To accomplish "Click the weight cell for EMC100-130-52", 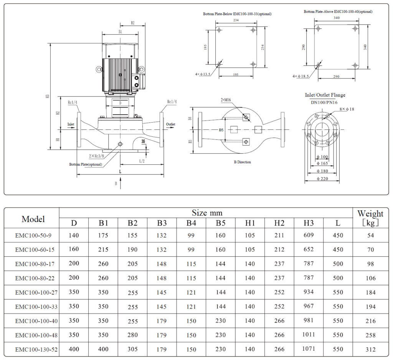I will pyautogui.click(x=370, y=349).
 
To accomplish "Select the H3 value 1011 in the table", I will pyautogui.click(x=308, y=335).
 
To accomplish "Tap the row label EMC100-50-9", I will pyautogui.click(x=32, y=235).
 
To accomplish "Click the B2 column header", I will pyautogui.click(x=132, y=223).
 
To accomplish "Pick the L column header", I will pyautogui.click(x=338, y=223).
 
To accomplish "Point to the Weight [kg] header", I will pyautogui.click(x=370, y=218).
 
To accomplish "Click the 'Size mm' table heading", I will pyautogui.click(x=207, y=213).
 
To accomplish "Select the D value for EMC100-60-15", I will pyautogui.click(x=74, y=249).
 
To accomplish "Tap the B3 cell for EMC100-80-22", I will pyautogui.click(x=162, y=278).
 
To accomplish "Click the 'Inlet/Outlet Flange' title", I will pyautogui.click(x=325, y=95).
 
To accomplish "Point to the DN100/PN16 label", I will pyautogui.click(x=324, y=103).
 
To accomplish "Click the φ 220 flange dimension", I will pyautogui.click(x=322, y=179).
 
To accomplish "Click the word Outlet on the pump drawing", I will pyautogui.click(x=170, y=124).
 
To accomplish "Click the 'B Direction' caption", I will pyautogui.click(x=242, y=162).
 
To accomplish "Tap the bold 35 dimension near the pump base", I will pyautogui.click(x=144, y=141).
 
